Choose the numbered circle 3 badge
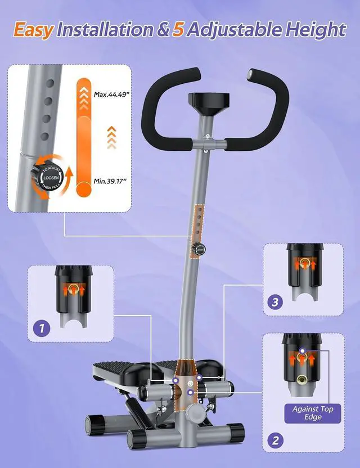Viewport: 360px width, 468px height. pos(275,303)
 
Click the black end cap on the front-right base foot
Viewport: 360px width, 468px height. pos(236,431)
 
